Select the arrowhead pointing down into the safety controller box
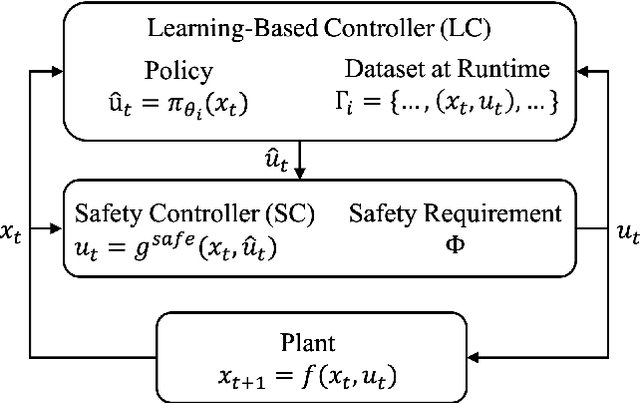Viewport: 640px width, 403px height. (301, 174)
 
